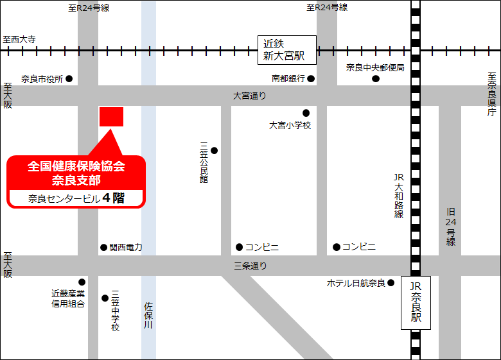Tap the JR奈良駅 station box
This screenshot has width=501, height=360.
point(416,303)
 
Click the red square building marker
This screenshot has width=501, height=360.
point(111,117)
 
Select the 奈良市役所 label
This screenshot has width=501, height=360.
point(42,79)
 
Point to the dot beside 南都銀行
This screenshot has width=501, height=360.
point(311,79)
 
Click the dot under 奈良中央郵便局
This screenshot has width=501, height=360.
point(376,79)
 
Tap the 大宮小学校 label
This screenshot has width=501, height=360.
point(290,126)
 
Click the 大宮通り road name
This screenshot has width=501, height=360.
point(249,96)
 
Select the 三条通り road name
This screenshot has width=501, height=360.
point(250,265)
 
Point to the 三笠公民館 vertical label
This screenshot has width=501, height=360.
point(204,163)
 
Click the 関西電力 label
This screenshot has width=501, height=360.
point(126,247)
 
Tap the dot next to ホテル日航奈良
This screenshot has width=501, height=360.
point(391,282)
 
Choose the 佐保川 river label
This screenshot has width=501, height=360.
point(148,316)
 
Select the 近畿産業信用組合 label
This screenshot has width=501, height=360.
point(68,298)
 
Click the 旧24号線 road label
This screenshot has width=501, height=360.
point(451,227)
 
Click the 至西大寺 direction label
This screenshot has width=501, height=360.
point(19,39)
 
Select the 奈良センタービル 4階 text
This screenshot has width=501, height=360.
point(76,198)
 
